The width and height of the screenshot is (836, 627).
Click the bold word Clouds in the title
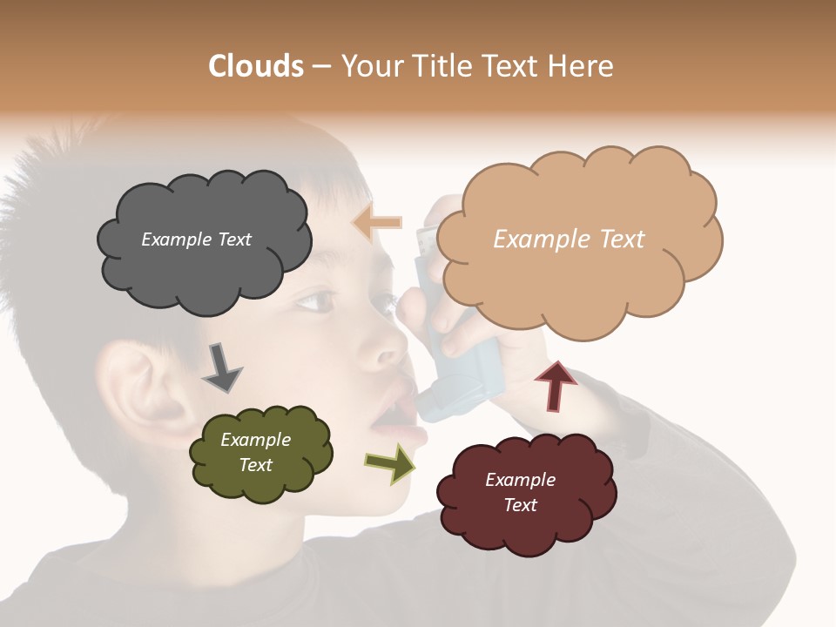point(256,66)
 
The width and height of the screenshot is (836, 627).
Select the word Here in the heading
point(581,66)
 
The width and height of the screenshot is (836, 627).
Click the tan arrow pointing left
point(377,223)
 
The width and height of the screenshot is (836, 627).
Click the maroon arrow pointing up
point(556,386)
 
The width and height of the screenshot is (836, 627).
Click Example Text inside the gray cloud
point(196,239)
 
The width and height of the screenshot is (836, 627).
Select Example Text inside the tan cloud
point(569,239)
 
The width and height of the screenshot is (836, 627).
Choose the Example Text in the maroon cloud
point(520,492)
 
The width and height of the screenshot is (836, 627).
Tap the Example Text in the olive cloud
point(255,452)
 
